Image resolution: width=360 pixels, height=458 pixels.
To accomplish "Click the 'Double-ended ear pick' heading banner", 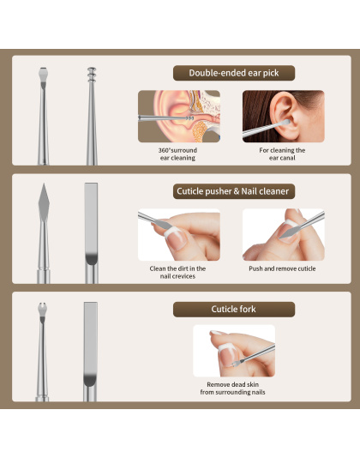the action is (234, 73).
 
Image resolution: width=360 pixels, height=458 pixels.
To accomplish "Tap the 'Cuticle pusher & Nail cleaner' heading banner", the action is (234, 191).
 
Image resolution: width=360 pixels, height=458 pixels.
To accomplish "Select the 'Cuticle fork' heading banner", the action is (234, 310).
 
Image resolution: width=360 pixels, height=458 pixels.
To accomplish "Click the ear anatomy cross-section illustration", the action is (179, 117).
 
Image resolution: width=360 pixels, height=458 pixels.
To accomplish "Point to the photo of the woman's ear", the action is (283, 117).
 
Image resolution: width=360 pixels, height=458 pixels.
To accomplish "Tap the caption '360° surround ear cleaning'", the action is (177, 154).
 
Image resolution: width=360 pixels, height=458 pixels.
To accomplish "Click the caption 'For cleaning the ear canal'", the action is (282, 154).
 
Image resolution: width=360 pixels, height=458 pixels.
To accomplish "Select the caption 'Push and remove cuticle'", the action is (282, 268).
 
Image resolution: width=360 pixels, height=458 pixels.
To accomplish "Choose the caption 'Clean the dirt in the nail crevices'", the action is (177, 272).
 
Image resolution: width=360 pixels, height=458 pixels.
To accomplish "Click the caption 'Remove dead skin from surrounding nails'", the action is (232, 389).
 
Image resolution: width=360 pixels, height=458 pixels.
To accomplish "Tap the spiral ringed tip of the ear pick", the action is (92, 75).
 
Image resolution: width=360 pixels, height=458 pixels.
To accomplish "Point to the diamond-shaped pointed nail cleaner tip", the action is (44, 202).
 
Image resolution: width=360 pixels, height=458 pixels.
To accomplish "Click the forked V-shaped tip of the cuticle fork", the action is (43, 310).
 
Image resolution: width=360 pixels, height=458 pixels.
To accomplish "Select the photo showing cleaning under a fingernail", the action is (179, 234).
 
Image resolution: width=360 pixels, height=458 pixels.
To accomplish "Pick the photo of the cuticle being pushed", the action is (283, 234).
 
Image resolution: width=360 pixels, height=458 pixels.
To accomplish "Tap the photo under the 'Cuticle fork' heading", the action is (234, 351).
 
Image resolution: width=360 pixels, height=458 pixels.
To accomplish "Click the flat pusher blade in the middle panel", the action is (91, 222).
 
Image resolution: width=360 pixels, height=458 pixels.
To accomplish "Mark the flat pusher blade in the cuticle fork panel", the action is (91, 341).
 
